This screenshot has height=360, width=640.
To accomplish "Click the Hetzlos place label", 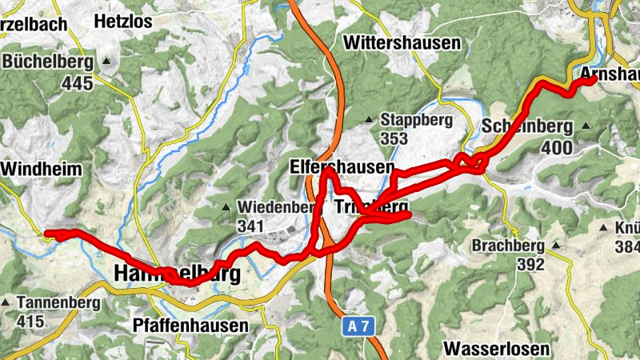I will point(122,22).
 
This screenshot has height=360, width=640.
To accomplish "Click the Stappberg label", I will point(416,120).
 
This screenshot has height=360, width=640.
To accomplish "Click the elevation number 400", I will point(556,147).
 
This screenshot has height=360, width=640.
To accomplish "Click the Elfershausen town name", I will point(353,167).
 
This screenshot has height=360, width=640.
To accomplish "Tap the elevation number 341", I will point(250,226).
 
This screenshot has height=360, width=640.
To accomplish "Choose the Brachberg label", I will point(508,245).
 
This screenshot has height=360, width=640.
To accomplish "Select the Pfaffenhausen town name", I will point(190,326).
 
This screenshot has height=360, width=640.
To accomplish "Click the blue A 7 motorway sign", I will point(362,326).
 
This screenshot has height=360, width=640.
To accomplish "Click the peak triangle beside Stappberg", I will point(369,120).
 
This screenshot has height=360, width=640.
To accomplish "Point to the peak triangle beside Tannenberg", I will point(7,303).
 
